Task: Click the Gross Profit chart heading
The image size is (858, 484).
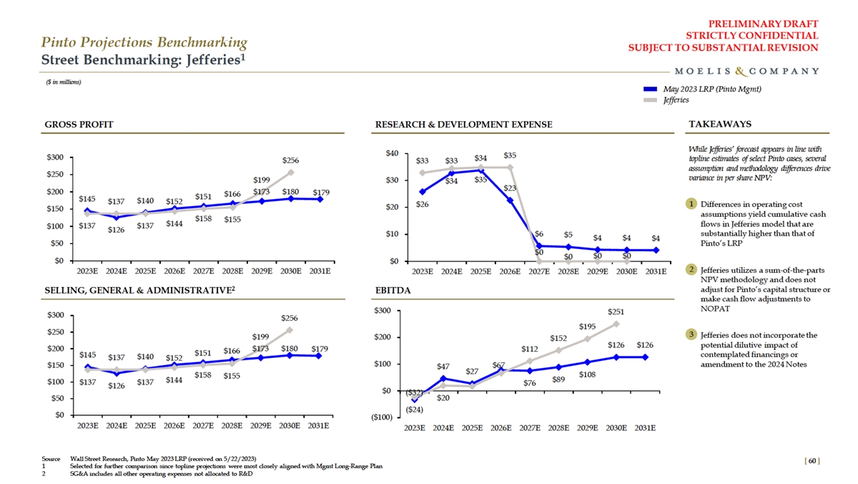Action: coord(79,125)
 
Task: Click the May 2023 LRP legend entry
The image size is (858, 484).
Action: coord(711,89)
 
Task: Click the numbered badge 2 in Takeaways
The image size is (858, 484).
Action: coord(691,269)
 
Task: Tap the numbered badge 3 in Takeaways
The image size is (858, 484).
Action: coord(691,334)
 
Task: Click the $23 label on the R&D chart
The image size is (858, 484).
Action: coord(510,188)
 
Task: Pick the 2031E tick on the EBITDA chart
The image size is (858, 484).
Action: coord(644,428)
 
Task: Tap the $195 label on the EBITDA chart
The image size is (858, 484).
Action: coord(587,327)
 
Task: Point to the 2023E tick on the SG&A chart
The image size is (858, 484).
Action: coord(88,425)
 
